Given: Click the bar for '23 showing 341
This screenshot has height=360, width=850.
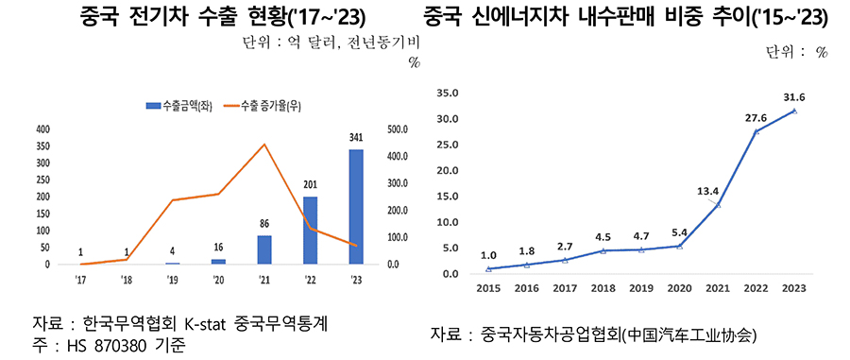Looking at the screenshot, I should click(x=355, y=207).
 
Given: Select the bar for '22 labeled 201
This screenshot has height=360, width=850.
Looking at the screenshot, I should click(x=310, y=231).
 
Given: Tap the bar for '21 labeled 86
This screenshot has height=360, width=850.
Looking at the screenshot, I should click(x=263, y=249).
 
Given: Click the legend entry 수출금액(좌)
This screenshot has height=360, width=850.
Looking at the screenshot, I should click(x=179, y=104).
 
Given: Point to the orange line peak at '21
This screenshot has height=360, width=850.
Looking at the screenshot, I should click(x=263, y=145).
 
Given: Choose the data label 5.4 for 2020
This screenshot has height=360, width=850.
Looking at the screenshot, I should click(x=680, y=231).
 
